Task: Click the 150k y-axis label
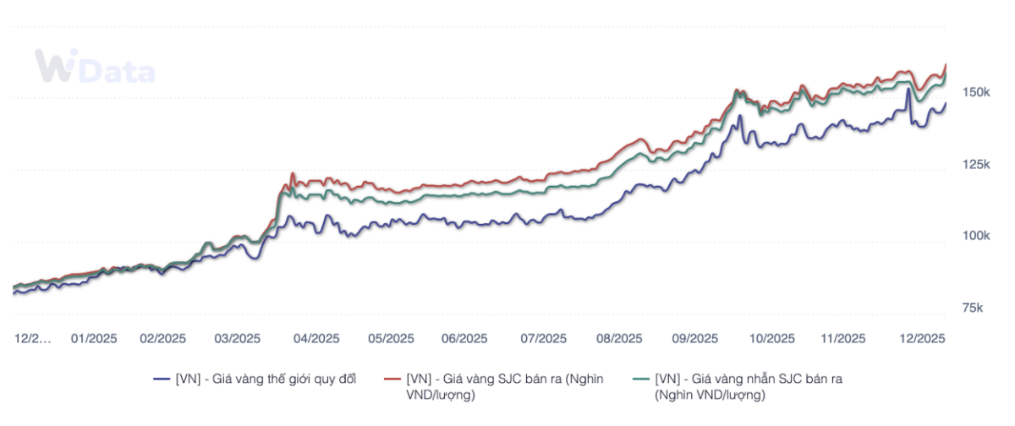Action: [977, 92]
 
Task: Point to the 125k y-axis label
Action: [977, 164]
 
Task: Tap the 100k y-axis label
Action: [977, 236]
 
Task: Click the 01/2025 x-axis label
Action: [94, 338]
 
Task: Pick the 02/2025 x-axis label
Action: [162, 338]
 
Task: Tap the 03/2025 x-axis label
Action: [237, 338]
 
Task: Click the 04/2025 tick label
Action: [316, 338]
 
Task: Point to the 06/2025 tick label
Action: [464, 338]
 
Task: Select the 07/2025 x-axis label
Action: [543, 338]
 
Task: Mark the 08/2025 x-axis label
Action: [619, 338]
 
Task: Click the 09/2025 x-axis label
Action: [695, 338]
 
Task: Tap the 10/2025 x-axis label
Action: [771, 338]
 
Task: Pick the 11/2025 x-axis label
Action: [843, 338]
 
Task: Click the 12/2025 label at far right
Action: [920, 338]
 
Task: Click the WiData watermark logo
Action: [94, 67]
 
